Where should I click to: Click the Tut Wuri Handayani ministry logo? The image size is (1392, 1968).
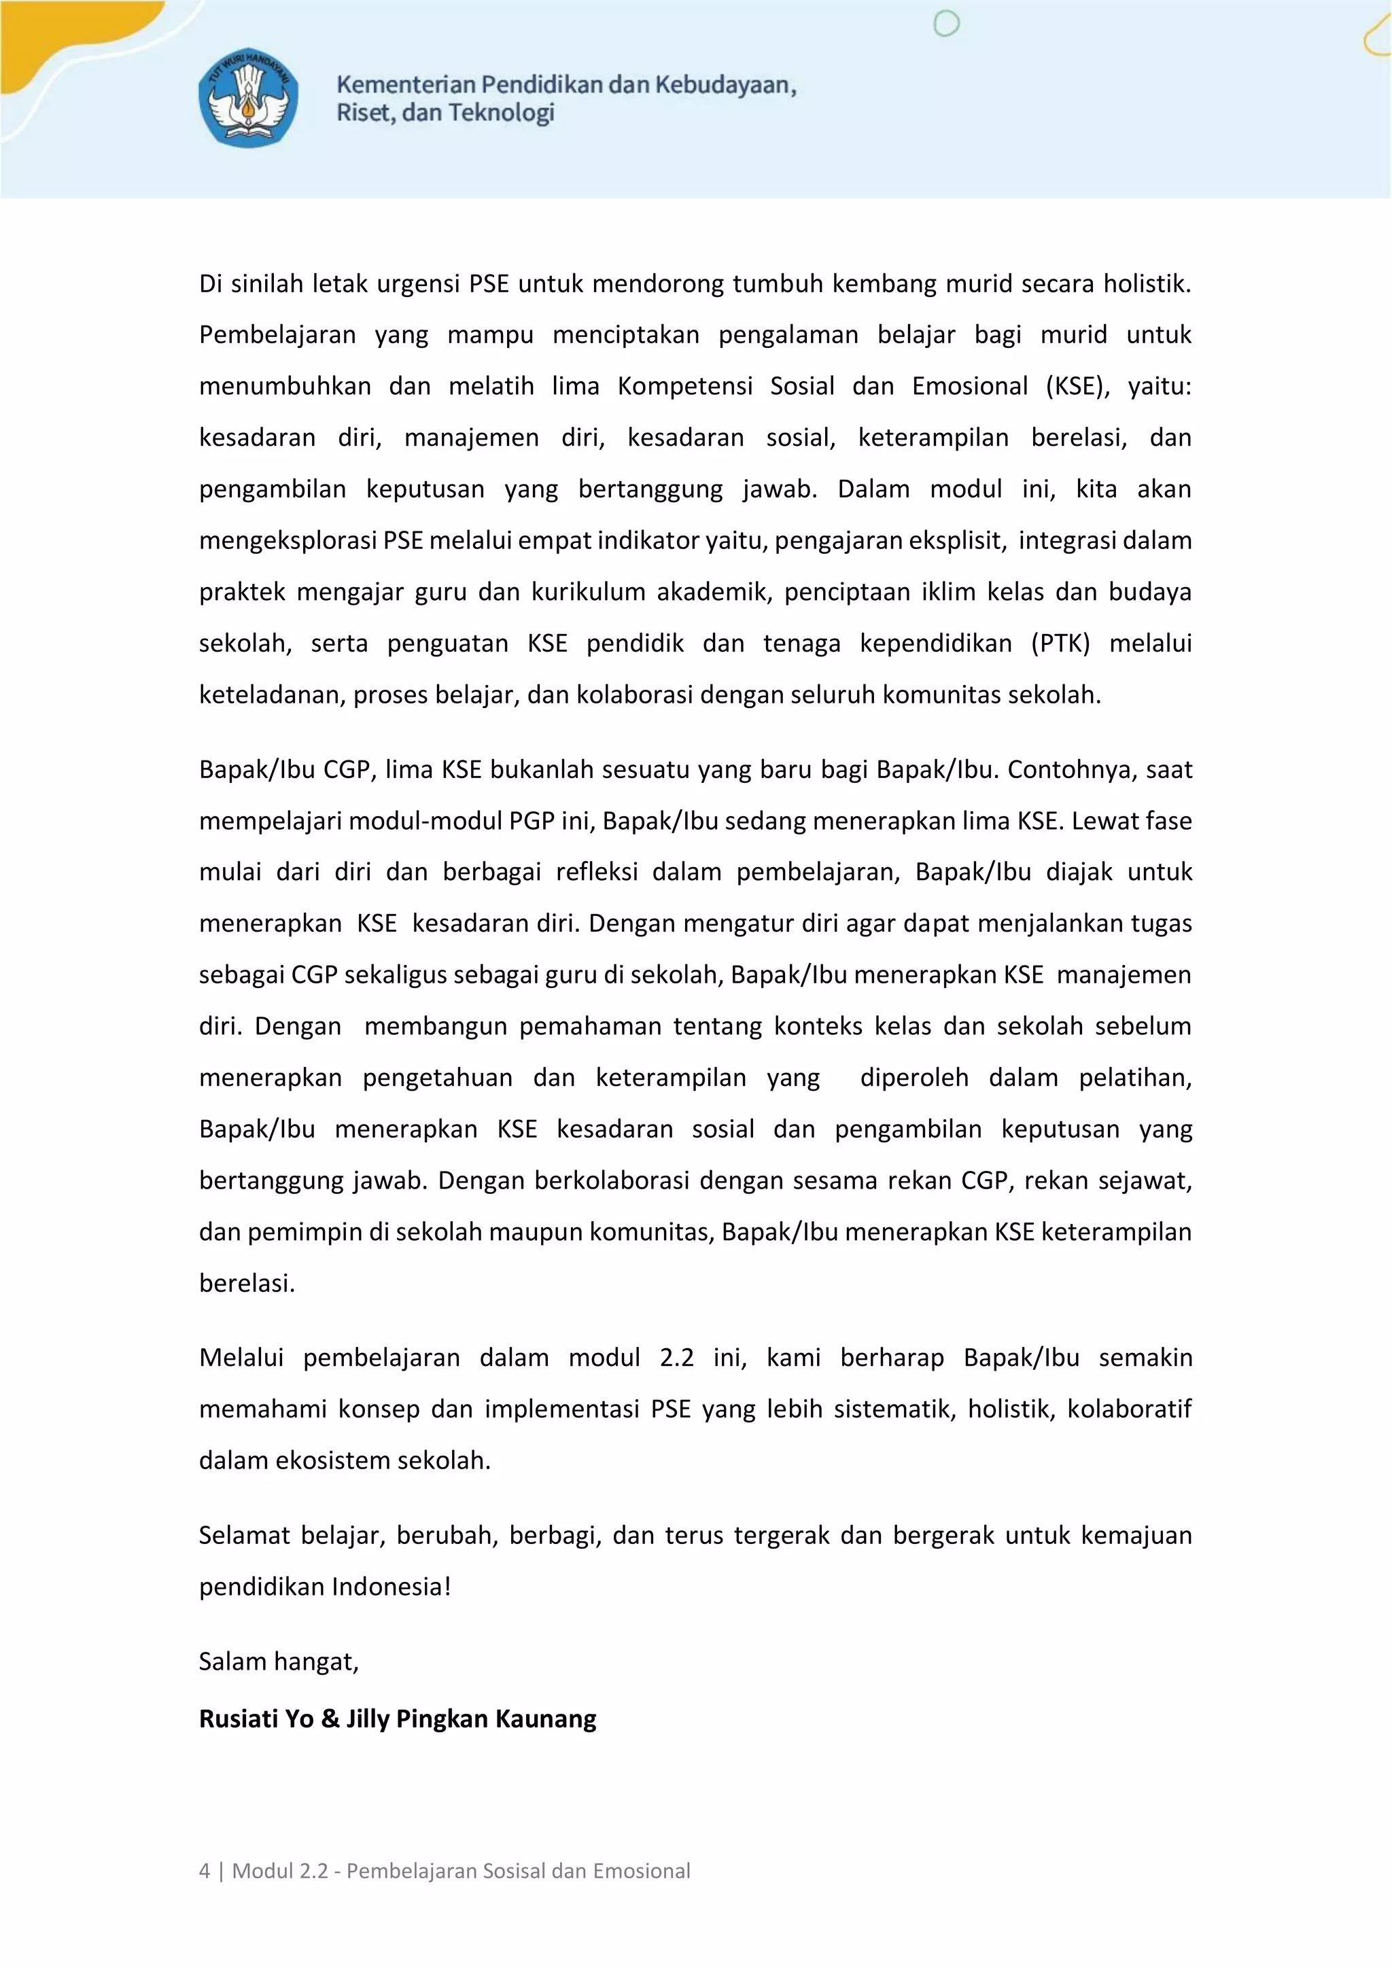pyautogui.click(x=249, y=97)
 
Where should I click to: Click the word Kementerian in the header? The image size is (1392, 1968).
pyautogui.click(x=405, y=84)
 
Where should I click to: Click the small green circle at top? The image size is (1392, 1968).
pyautogui.click(x=945, y=24)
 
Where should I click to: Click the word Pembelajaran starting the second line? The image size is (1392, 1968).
pyautogui.click(x=277, y=335)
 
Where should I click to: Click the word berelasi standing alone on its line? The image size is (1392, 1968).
pyautogui.click(x=247, y=1283)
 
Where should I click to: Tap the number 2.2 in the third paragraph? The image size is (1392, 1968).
pyautogui.click(x=676, y=1358)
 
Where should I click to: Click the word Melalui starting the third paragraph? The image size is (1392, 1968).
pyautogui.click(x=241, y=1358)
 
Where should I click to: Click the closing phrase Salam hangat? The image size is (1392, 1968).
pyautogui.click(x=279, y=1661)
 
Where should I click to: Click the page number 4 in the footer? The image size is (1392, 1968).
pyautogui.click(x=204, y=1870)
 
